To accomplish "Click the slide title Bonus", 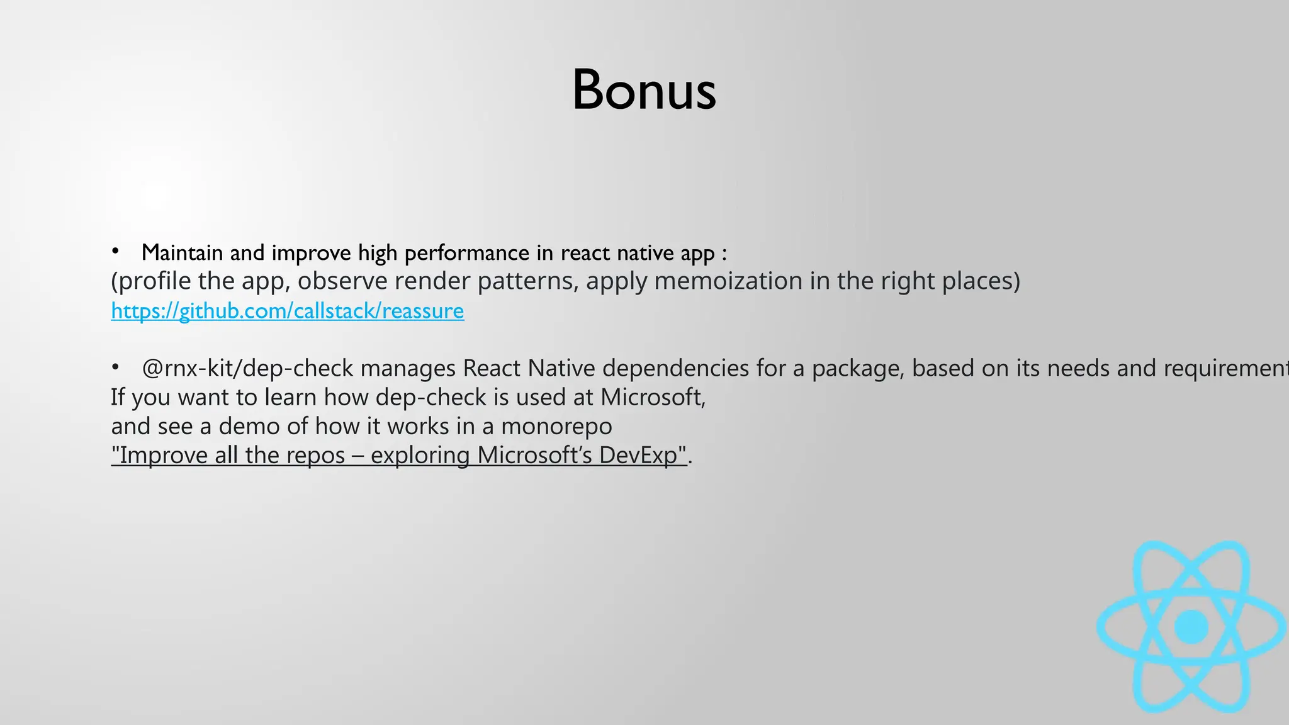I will point(644,90).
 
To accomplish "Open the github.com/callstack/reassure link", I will point(288,311).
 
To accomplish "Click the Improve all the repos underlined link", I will point(228,455).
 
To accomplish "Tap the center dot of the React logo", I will point(1191,627).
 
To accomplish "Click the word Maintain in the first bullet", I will point(182,253).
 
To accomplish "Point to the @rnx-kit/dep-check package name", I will point(247,368).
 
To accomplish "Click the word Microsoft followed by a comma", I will point(652,397).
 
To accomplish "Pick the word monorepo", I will point(556,426).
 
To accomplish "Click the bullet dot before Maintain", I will point(115,252).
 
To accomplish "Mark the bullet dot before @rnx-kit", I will point(115,366).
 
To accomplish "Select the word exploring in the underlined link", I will point(420,455).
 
